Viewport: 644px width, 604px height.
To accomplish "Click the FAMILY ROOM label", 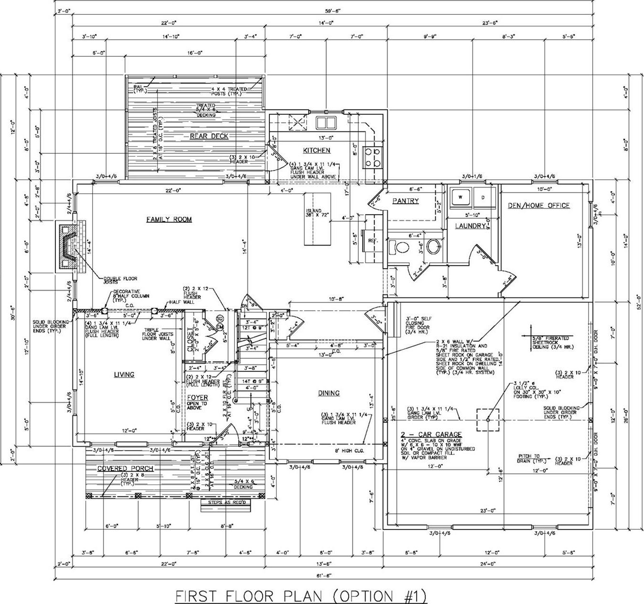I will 169,219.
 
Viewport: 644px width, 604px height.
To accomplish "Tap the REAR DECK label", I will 209,136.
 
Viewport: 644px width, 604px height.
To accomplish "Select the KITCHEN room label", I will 316,151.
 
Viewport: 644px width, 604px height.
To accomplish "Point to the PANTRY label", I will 405,201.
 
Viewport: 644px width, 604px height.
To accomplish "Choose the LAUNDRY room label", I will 470,226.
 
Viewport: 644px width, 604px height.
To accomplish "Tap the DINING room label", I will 329,393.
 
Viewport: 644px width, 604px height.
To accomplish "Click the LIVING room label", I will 124,375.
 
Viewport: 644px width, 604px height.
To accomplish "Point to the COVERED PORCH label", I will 119,468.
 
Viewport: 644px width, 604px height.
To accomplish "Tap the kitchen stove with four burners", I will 373,157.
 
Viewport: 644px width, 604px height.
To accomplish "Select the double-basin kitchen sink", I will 325,122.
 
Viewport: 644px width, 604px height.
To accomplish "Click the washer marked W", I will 460,196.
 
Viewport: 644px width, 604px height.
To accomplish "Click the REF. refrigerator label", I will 373,241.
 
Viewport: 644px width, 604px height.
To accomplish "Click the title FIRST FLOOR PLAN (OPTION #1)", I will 301,596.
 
